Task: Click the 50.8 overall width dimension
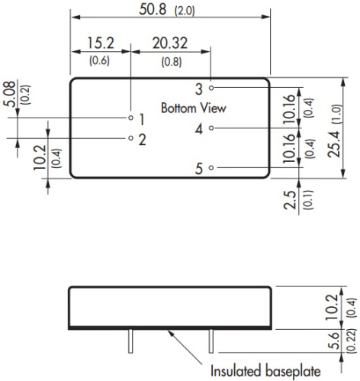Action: [153, 9]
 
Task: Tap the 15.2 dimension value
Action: [101, 43]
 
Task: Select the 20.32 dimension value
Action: [170, 43]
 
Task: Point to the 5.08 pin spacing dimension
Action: [9, 94]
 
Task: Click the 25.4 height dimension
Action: [334, 144]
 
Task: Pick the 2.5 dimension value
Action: [290, 200]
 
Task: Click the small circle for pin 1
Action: [130, 118]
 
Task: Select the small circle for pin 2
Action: [130, 138]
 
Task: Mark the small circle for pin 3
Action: [211, 88]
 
